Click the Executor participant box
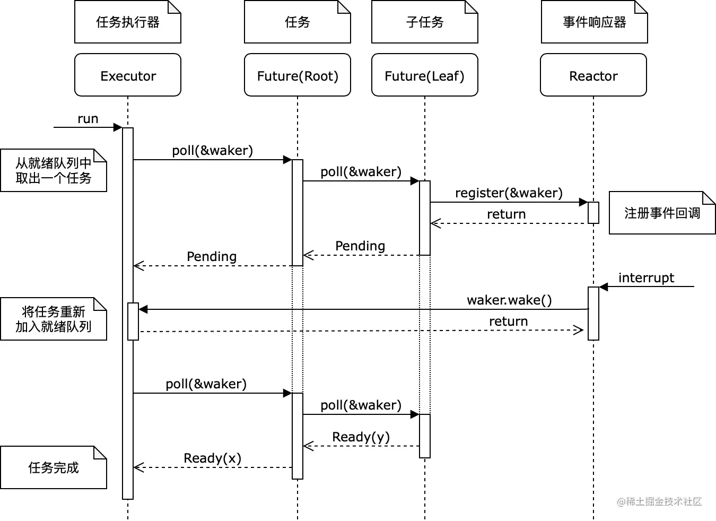[128, 75]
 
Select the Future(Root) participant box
[298, 75]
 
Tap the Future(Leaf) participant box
[425, 75]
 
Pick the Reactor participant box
[593, 75]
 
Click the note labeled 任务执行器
[128, 22]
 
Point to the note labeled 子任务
[425, 22]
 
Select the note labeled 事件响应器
[595, 22]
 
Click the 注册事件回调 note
[662, 213]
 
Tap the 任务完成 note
[54, 467]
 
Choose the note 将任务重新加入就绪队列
[54, 319]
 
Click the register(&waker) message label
[509, 193]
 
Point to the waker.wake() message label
[509, 300]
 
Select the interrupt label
[646, 278]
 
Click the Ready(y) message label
[361, 437]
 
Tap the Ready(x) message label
[212, 458]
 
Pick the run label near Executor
[88, 119]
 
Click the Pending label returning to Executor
[212, 257]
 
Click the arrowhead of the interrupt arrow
[603, 287]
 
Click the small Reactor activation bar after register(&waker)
[593, 213]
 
